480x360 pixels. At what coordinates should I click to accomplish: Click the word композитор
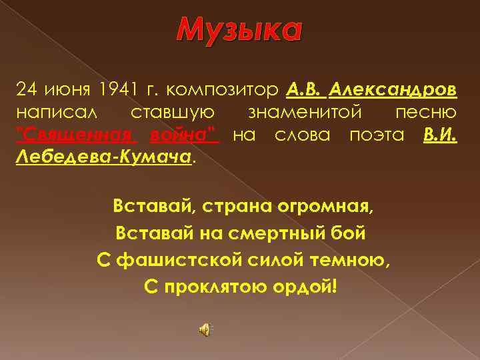tap(223, 89)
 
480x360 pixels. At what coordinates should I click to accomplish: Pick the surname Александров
tap(394, 89)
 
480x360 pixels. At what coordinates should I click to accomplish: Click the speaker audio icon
tap(205, 329)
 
